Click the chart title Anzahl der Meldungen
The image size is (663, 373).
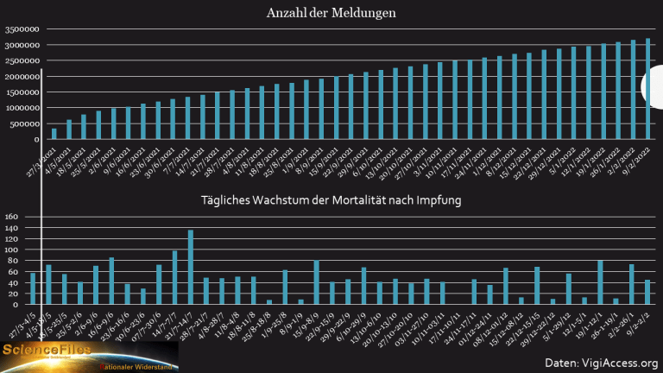click(x=331, y=14)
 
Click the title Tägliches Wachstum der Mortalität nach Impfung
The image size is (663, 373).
click(x=331, y=201)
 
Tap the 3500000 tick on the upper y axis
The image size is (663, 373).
click(x=21, y=29)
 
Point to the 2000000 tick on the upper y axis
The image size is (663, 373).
click(x=21, y=77)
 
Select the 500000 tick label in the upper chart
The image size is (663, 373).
click(x=23, y=124)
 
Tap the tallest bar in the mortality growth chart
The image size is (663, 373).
click(x=190, y=268)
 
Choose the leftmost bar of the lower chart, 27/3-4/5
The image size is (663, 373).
click(x=33, y=289)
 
